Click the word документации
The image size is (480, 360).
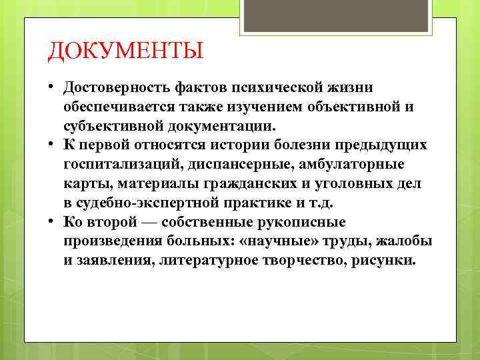(x=226, y=125)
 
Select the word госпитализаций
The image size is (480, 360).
(x=121, y=164)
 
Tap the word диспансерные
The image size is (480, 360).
(x=232, y=164)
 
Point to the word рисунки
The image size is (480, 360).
(x=386, y=260)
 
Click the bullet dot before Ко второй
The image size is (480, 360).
(x=51, y=221)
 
